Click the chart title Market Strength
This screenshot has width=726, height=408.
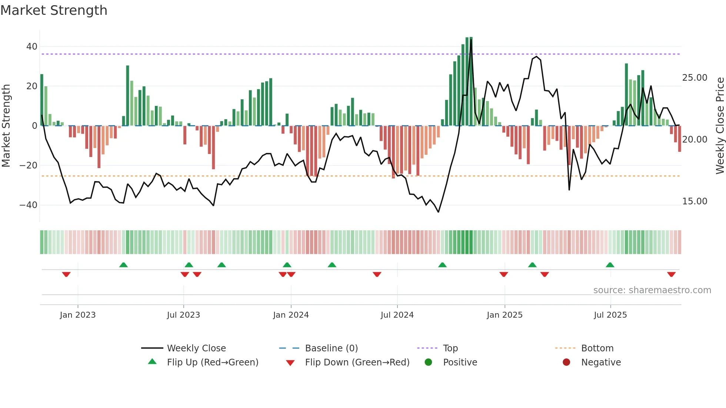(x=54, y=10)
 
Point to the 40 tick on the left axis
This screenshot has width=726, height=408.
(x=32, y=47)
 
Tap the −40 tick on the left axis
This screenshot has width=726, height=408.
(x=29, y=205)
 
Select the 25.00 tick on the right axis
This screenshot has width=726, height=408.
(x=695, y=78)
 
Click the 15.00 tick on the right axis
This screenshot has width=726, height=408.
(x=695, y=201)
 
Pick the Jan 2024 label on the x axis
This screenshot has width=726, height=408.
(x=291, y=315)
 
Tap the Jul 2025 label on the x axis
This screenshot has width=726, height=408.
(x=610, y=315)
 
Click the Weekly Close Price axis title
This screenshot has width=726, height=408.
(x=720, y=126)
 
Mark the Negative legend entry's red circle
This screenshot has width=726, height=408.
(x=566, y=362)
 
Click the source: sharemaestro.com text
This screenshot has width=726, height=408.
(x=652, y=290)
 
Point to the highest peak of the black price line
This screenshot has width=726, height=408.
(x=471, y=39)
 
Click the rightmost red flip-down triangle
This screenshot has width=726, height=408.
(x=671, y=274)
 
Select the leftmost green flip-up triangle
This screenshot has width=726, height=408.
(x=123, y=265)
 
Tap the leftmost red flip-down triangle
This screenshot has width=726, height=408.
(x=66, y=274)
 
